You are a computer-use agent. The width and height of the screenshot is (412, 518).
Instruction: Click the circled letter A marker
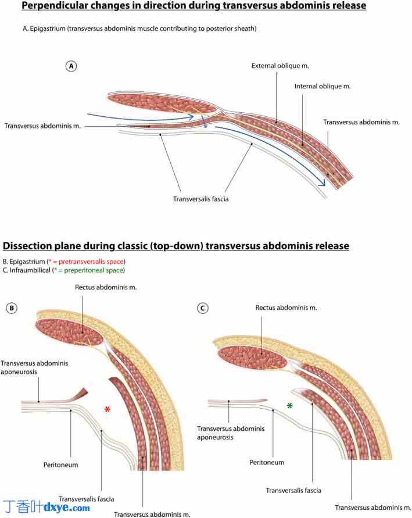(x=71, y=66)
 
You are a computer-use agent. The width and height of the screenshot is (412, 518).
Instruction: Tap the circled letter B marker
(x=12, y=309)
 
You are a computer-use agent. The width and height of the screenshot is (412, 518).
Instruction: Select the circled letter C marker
(x=203, y=309)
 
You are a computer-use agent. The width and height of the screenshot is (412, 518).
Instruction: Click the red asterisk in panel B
(x=108, y=410)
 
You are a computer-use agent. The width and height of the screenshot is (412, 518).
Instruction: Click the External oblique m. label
(x=276, y=66)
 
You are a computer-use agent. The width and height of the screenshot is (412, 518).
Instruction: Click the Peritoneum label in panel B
(x=60, y=465)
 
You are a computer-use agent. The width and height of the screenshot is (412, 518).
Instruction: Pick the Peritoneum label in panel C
(x=267, y=462)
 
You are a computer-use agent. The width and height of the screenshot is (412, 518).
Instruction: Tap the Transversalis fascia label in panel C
(x=293, y=490)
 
